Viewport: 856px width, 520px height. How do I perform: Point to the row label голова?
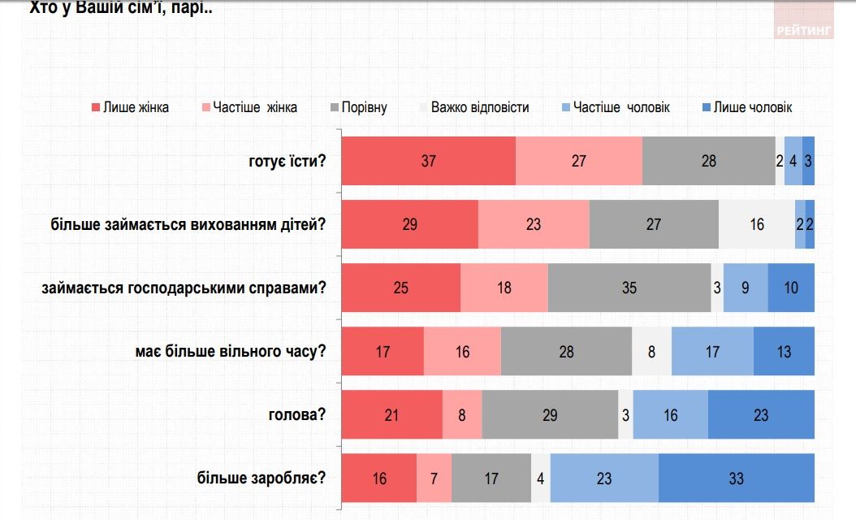[297, 414]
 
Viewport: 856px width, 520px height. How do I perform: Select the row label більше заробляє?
[261, 478]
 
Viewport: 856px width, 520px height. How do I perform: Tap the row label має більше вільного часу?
[231, 351]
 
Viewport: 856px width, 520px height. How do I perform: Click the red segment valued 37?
[428, 161]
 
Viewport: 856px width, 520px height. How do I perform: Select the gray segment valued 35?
[629, 288]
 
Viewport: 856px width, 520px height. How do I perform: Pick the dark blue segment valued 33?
[736, 478]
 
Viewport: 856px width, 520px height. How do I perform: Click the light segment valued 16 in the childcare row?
[756, 224]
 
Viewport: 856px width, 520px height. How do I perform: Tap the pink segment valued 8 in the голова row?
[462, 414]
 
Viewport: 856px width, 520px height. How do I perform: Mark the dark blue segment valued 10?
[790, 288]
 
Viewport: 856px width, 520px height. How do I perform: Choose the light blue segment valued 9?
[745, 288]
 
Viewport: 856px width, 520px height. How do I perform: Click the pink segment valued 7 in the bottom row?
[434, 478]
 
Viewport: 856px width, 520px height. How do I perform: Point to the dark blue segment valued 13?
[784, 351]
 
